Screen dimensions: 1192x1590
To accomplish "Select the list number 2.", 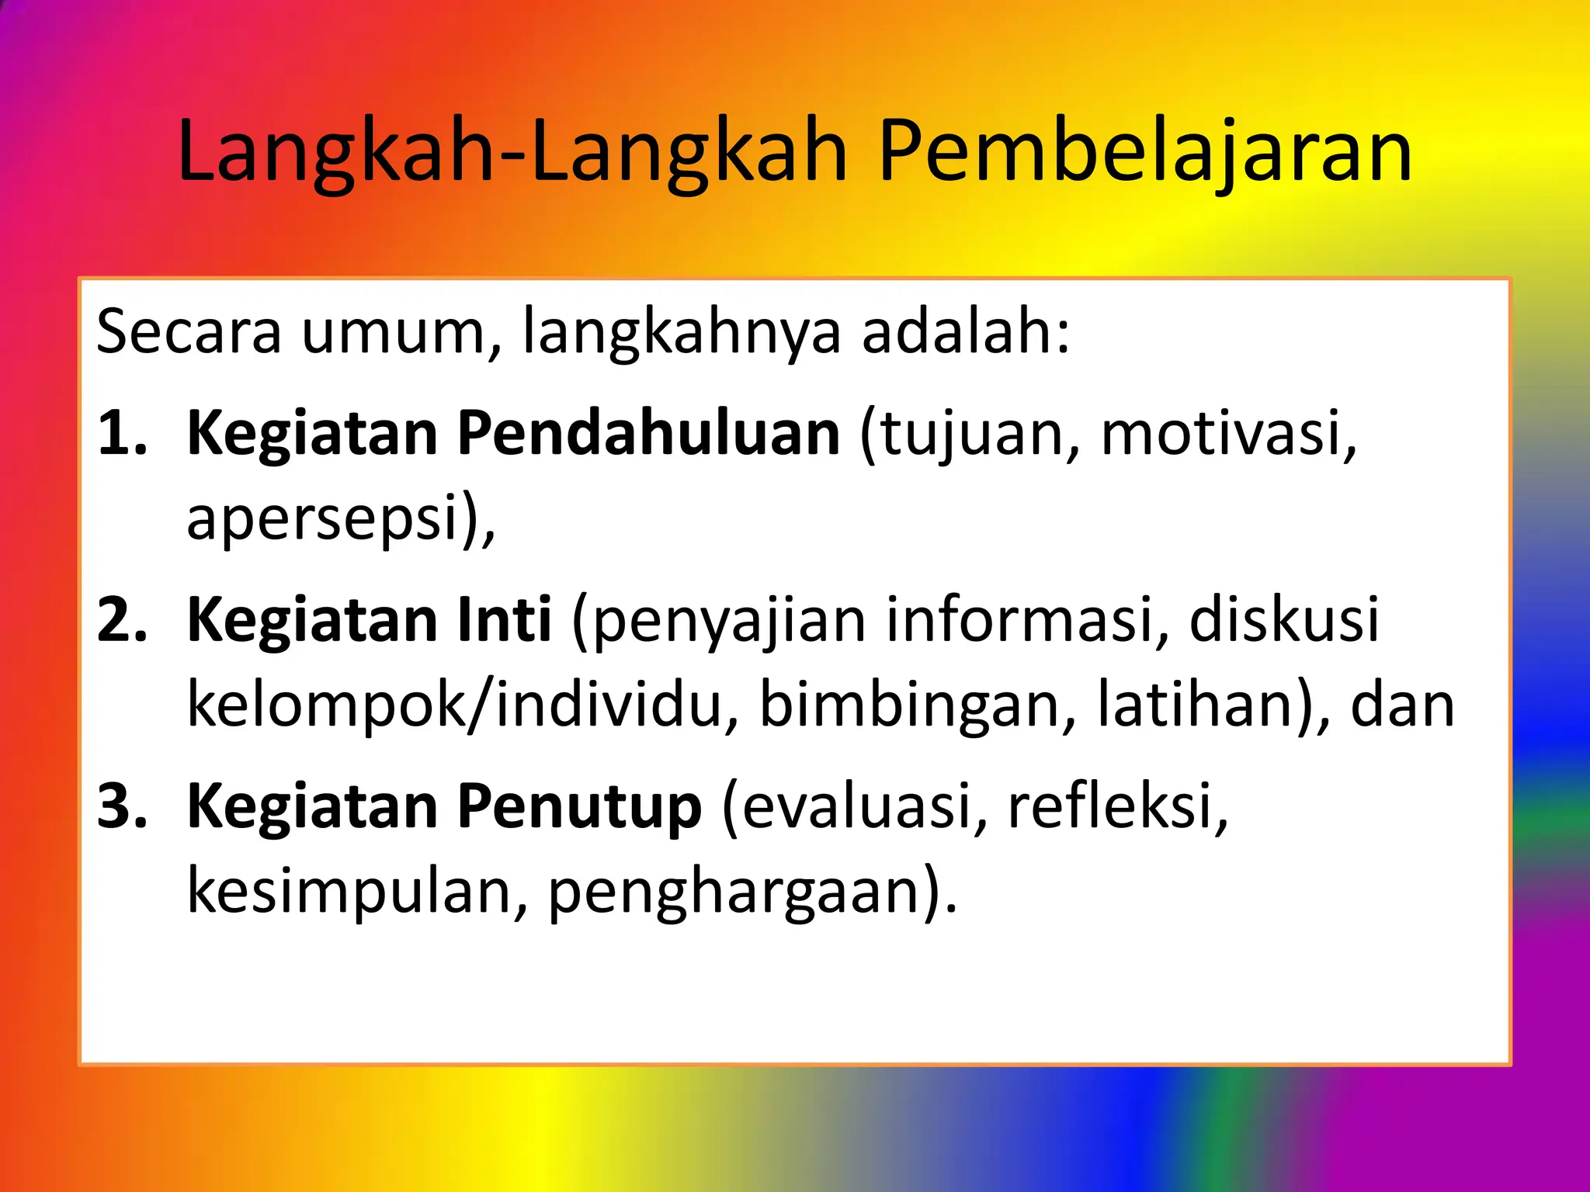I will [x=121, y=620].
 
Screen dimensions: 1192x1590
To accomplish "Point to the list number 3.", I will [x=121, y=806].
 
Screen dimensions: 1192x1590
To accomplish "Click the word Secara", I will [x=189, y=332].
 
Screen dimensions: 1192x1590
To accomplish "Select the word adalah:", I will [x=966, y=332].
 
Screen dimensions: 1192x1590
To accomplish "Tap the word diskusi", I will [x=1284, y=620].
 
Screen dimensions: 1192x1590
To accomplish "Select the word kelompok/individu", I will [x=454, y=705].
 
